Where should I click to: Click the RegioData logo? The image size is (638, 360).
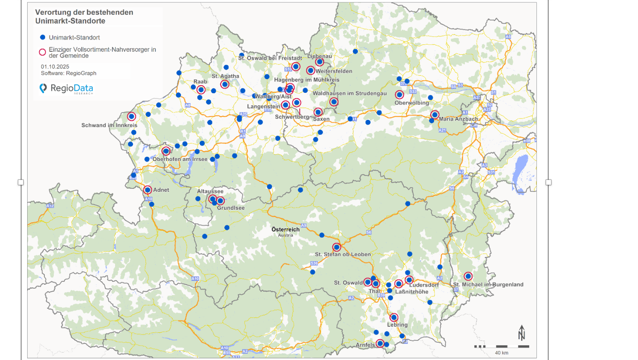(x=66, y=88)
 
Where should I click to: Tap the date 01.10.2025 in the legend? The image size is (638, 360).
(x=55, y=67)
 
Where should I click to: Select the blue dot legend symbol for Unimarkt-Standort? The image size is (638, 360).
(x=42, y=37)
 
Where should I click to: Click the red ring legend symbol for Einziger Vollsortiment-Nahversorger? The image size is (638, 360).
(x=42, y=52)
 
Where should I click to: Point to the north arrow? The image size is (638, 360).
(x=521, y=333)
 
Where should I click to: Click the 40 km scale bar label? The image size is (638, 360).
(x=501, y=353)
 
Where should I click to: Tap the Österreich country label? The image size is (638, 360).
(x=285, y=230)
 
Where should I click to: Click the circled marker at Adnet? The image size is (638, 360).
(x=148, y=190)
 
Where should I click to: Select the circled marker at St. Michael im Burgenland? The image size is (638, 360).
(x=468, y=276)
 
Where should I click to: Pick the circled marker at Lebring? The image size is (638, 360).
(x=394, y=318)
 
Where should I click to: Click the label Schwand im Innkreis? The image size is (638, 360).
(x=109, y=125)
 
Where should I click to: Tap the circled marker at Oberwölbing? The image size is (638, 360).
(x=399, y=95)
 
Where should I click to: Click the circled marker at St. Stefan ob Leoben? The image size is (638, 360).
(x=337, y=247)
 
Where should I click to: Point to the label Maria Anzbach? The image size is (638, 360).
(x=458, y=119)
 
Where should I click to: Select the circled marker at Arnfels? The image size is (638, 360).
(x=380, y=344)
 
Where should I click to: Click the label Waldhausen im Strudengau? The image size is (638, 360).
(x=349, y=94)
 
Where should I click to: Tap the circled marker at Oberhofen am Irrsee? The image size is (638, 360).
(x=166, y=151)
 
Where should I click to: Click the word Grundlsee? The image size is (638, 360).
(x=231, y=208)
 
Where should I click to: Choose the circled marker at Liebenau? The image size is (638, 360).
(x=319, y=62)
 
